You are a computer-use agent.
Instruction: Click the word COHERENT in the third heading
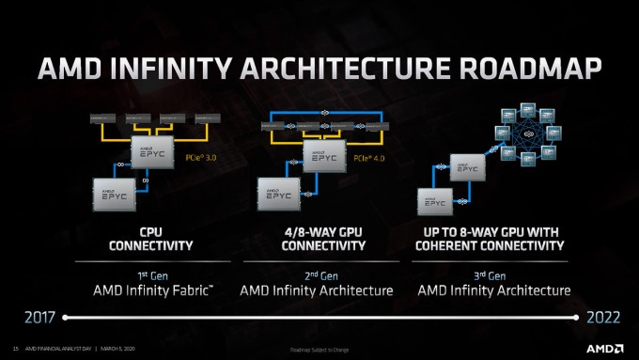tap(460, 245)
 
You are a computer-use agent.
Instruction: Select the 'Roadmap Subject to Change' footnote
tap(319, 352)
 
